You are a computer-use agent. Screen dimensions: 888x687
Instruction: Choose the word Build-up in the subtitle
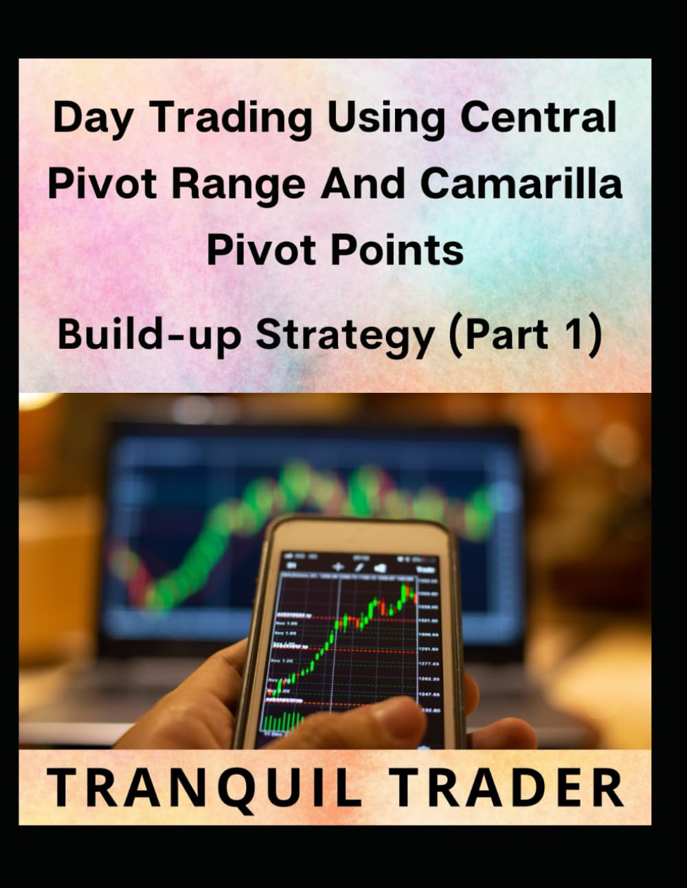(x=150, y=335)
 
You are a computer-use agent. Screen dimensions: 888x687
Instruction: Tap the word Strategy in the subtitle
(x=346, y=335)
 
